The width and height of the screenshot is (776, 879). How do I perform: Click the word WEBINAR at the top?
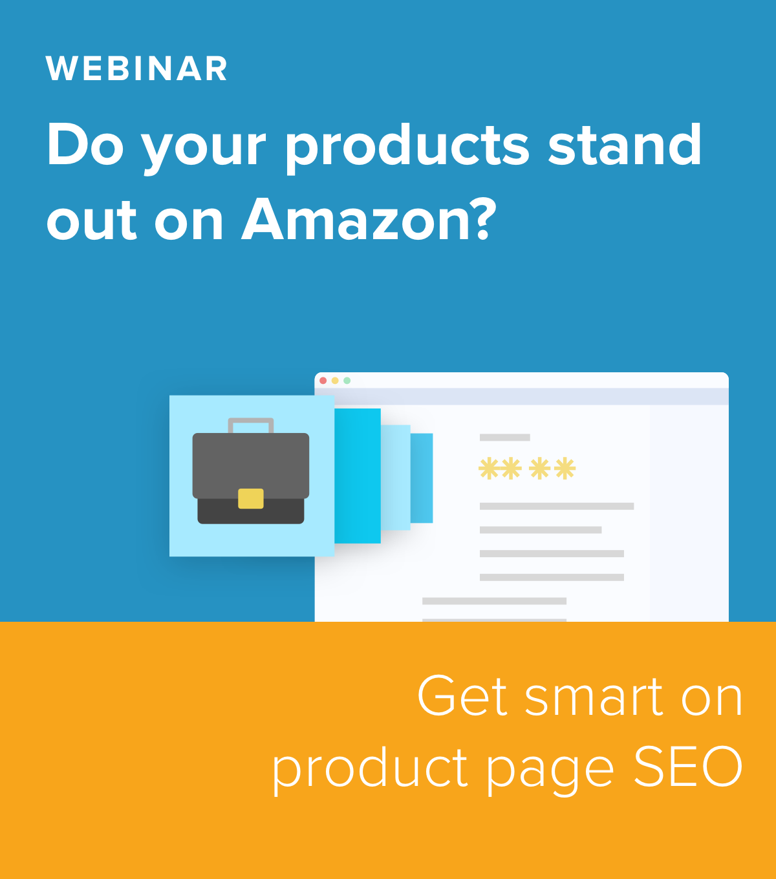136,68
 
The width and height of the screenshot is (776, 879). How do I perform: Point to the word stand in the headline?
625,143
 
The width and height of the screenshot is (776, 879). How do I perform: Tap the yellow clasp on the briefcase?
250,498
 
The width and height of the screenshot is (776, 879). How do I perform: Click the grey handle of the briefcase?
251,425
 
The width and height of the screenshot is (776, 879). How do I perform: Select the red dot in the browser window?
323,381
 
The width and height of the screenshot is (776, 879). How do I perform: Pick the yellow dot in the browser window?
335,381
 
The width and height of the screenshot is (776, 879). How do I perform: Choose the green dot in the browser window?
347,381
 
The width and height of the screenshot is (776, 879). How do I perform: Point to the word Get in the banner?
462,695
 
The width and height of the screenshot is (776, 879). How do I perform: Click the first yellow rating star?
489,469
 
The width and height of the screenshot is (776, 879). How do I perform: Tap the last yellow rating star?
565,469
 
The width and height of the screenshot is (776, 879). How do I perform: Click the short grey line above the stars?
504,438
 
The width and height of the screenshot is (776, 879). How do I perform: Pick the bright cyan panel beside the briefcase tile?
358,476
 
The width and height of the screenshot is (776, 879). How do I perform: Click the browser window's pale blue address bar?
521,397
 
